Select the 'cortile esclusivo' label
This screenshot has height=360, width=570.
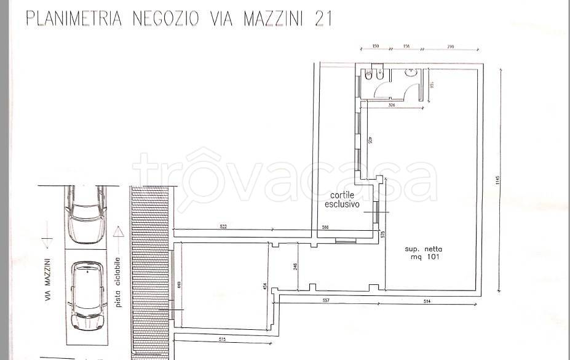pos(342,199)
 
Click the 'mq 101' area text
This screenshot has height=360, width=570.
pos(424,257)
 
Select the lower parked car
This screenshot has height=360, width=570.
pos(85,295)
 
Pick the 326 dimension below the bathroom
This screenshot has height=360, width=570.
pos(391,106)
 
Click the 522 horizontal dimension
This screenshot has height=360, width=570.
pos(223,227)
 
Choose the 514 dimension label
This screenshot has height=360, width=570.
pos(426,301)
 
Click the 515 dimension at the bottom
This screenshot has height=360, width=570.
pos(221,339)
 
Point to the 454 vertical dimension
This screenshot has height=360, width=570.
pos(266,287)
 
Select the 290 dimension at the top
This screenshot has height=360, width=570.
pos(450,47)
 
